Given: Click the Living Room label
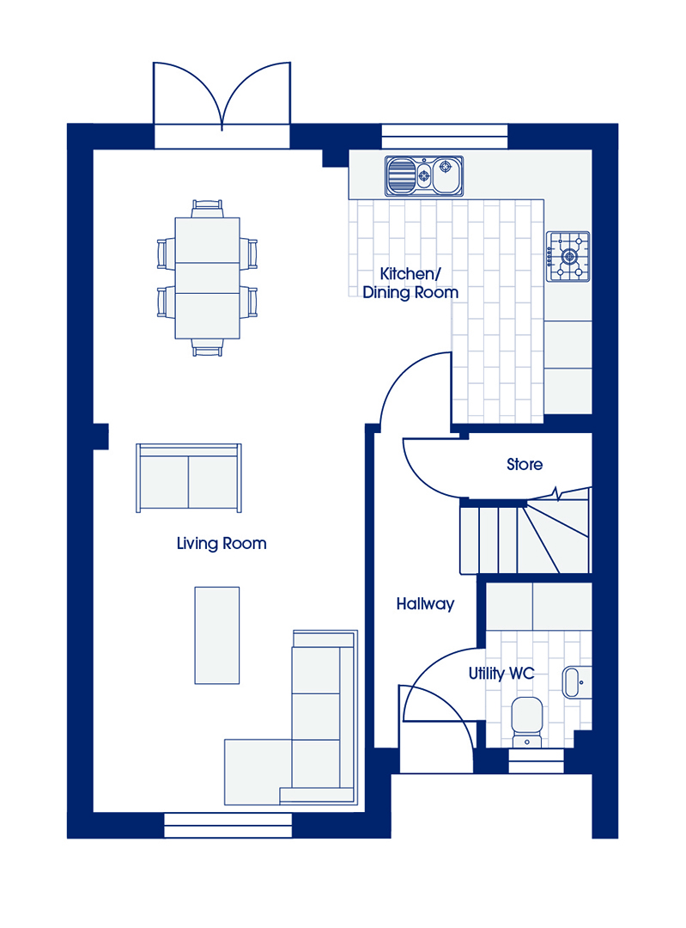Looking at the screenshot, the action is pos(222,543).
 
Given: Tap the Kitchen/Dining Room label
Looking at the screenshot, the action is pos(410,283).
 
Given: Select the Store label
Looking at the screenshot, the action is pos(525,465).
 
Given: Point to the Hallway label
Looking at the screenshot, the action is pos(425,604).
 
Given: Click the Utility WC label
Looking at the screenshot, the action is pos(501,674).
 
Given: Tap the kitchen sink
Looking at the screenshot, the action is pos(424,176).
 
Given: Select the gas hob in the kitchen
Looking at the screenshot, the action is pos(568,256).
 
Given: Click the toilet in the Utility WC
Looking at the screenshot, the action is pos(527,722).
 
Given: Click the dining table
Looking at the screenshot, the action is pos(208,278).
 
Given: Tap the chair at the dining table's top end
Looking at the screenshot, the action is pos(208,209).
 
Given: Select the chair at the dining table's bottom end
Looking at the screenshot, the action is pos(208,347).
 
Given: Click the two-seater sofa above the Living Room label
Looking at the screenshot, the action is pos(189,478).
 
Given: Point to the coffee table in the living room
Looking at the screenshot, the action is pos(217,635).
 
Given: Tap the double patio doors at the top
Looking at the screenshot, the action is pos(222,104).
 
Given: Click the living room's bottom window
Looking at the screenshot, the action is pos(228,825).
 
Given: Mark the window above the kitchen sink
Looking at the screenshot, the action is pos(445,136).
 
